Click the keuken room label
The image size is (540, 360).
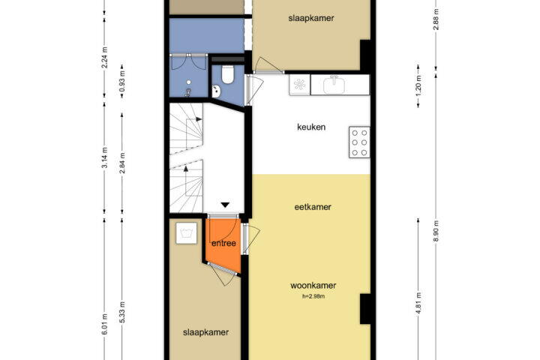tap(311, 127)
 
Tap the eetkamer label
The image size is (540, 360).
tap(313, 207)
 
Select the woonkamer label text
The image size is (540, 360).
tap(313, 285)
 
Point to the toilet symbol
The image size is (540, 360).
tap(228, 74)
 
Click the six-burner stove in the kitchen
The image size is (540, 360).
tap(359, 142)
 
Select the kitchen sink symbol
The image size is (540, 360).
tap(334, 85)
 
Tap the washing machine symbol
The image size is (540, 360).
tap(186, 233)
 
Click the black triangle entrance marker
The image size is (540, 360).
tap(225, 205)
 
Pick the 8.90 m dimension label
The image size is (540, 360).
tap(436, 231)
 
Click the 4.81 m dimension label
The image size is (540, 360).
tap(418, 304)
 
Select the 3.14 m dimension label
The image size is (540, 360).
tap(105, 157)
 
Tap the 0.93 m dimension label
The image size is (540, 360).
tap(122, 81)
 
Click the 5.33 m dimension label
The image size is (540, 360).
tap(122, 312)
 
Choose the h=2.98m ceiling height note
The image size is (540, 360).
tap(313, 296)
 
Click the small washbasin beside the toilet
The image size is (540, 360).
tap(216, 91)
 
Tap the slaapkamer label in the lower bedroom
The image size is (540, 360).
tap(205, 332)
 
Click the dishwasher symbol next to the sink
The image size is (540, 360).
tap(299, 85)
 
